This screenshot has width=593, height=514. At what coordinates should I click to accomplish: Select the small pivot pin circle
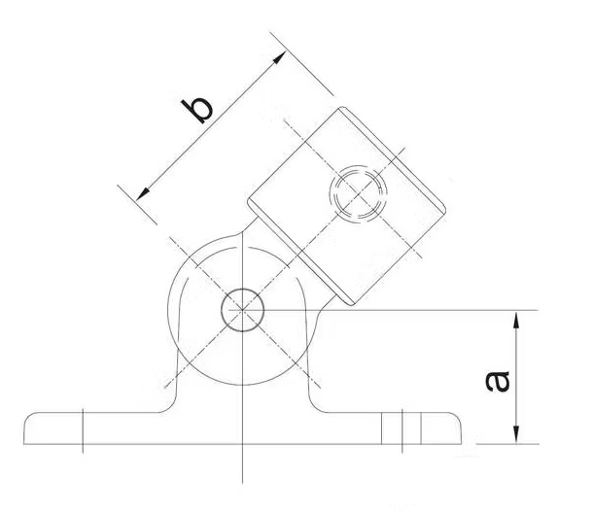coord(238,310)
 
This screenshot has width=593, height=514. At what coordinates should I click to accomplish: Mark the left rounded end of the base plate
coord(29,428)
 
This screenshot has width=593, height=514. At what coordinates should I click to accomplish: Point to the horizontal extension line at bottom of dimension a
coord(496,444)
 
